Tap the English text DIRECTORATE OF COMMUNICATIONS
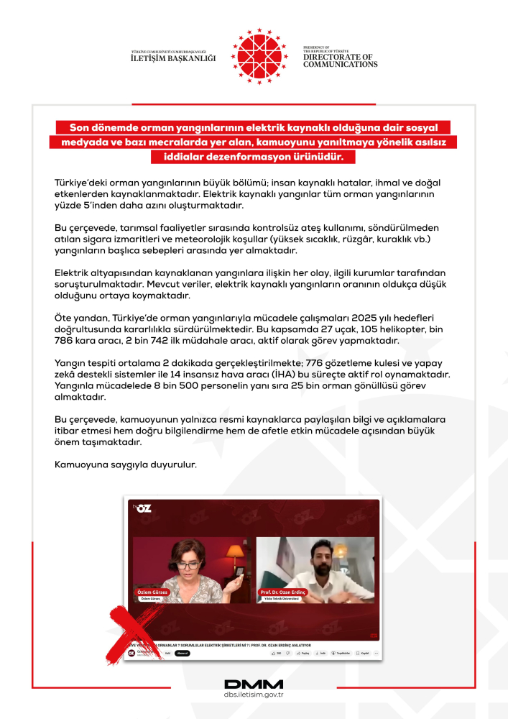(340, 60)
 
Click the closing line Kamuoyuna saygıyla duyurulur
(125, 464)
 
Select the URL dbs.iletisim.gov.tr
(254, 695)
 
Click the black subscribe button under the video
(182, 654)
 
